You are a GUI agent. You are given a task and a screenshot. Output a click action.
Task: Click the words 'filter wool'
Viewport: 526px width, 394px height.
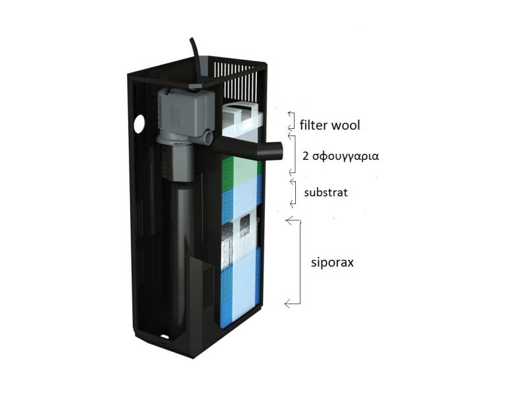pos(330,125)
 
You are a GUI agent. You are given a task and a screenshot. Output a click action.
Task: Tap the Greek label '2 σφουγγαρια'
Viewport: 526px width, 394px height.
pos(341,156)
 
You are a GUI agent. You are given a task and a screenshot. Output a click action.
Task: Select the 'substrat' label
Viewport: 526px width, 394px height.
pos(325,193)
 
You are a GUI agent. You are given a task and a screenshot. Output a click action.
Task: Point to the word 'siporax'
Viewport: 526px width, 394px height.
pos(332,262)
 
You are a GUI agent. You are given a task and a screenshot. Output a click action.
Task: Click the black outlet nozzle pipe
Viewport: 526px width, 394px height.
pos(249,149)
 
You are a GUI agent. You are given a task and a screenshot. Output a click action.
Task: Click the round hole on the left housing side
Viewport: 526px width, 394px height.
pos(139,124)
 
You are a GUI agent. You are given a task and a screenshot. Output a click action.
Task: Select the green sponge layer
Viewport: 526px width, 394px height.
pos(241,170)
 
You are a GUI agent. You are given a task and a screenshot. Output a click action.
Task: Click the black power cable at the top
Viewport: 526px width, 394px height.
pos(196,61)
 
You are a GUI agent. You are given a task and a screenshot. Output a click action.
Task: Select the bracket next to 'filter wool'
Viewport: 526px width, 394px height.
pos(291,120)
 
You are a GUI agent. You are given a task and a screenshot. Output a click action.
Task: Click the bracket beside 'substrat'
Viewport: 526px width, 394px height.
pos(293,192)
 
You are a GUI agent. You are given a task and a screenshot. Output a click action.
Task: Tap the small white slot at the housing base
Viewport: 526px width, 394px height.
pos(165,335)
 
